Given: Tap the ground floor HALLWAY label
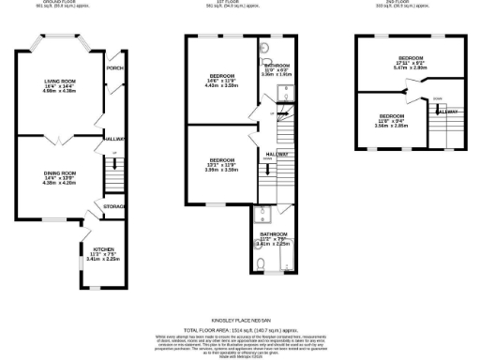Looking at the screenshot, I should (115, 139).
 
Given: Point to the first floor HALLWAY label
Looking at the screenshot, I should (277, 154).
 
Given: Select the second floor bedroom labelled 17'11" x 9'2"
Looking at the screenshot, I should (410, 62).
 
